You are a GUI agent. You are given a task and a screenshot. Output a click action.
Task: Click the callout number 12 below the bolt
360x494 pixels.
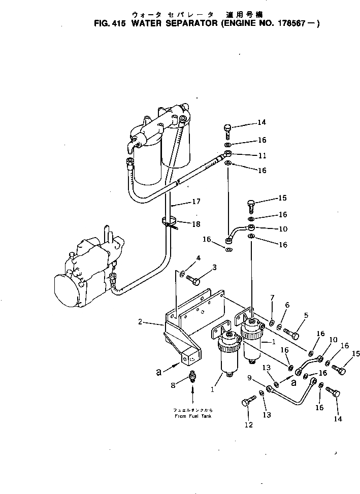249,425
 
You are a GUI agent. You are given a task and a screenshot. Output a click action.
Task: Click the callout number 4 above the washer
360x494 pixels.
198,258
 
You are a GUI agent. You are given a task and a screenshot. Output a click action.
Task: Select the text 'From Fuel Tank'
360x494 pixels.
192,416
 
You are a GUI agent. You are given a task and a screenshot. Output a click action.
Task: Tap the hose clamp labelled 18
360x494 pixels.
169,222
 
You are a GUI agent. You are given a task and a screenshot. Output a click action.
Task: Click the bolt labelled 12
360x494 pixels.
246,404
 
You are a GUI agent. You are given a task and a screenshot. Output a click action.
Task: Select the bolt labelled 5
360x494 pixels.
291,334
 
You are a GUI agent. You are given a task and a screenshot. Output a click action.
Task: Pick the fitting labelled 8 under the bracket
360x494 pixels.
192,377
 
